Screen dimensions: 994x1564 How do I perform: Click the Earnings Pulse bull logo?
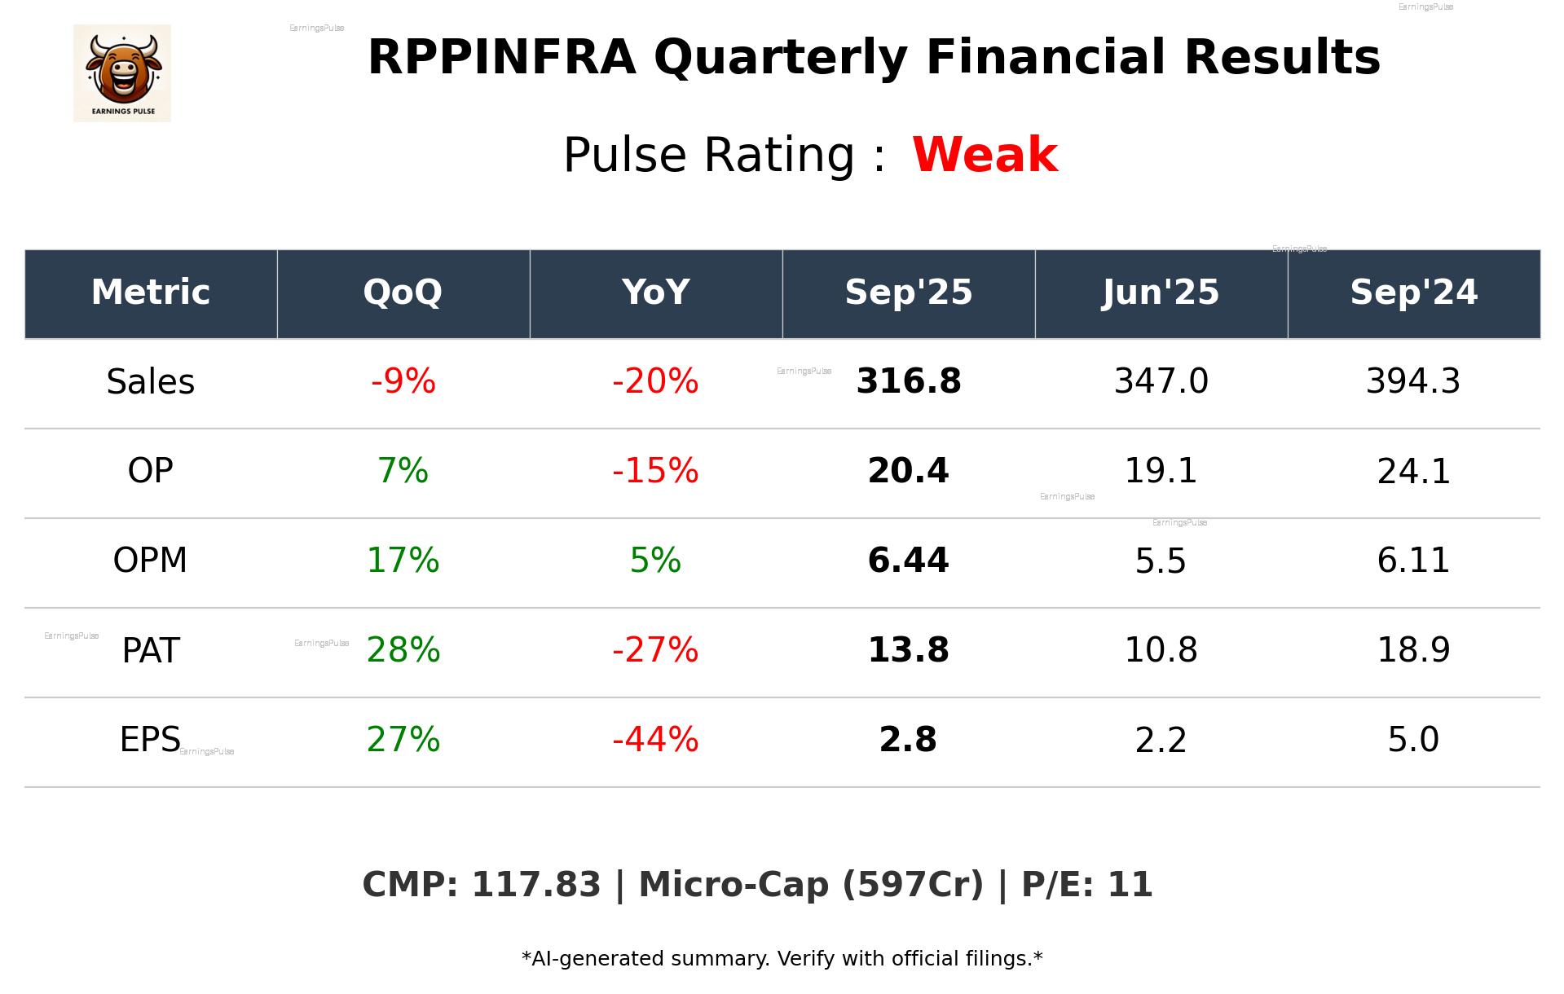tap(122, 73)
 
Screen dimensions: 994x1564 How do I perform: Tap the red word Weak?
tap(985, 155)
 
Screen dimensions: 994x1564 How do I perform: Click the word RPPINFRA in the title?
tap(501, 58)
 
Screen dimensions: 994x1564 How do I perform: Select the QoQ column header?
tap(403, 292)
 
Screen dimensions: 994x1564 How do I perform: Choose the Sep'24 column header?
tap(1413, 292)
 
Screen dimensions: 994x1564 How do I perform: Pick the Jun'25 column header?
tap(1161, 292)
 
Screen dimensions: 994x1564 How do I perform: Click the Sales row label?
tap(151, 382)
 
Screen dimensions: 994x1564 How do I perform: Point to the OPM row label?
tap(151, 561)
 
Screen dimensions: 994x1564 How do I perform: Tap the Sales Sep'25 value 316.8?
tap(909, 381)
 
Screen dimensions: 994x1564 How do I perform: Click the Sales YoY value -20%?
tap(655, 381)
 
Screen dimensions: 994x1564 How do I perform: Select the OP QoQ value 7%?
tap(403, 471)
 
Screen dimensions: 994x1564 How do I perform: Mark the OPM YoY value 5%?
tap(655, 561)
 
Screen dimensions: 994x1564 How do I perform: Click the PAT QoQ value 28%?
tap(403, 650)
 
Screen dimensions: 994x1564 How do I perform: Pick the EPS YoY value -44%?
tap(655, 740)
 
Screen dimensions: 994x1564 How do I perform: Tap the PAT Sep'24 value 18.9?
tap(1413, 650)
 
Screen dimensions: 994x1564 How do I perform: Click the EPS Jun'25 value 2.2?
tap(1161, 740)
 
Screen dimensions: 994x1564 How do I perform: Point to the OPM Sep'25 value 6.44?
tap(909, 561)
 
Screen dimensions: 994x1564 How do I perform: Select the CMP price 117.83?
tap(535, 885)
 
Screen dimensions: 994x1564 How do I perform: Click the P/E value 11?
tap(1130, 885)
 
